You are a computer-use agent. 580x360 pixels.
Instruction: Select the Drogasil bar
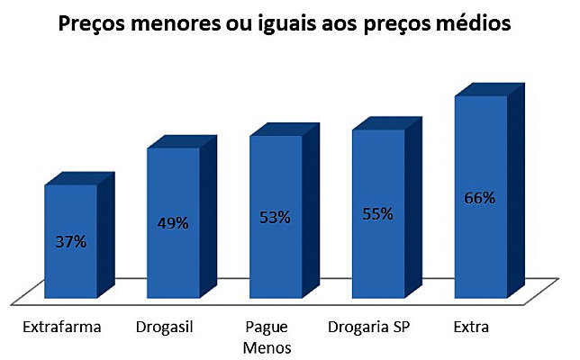pos(173,261)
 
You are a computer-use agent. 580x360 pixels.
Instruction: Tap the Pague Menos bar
pos(276,261)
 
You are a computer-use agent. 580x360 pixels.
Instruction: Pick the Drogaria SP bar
pos(378,261)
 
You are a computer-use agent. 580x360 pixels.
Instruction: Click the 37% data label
pos(69,242)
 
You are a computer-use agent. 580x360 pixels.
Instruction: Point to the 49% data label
pos(172,223)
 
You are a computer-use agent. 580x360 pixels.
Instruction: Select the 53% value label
pos(275,217)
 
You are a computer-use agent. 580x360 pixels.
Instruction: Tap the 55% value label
pos(378,214)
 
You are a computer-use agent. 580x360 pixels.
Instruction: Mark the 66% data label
pos(480,198)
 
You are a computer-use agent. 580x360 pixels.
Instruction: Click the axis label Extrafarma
pos(61,328)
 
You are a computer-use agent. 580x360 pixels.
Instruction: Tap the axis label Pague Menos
pos(266,337)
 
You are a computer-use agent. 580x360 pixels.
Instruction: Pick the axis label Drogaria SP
pos(371,328)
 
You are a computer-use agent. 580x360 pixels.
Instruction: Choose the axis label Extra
pos(472,328)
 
